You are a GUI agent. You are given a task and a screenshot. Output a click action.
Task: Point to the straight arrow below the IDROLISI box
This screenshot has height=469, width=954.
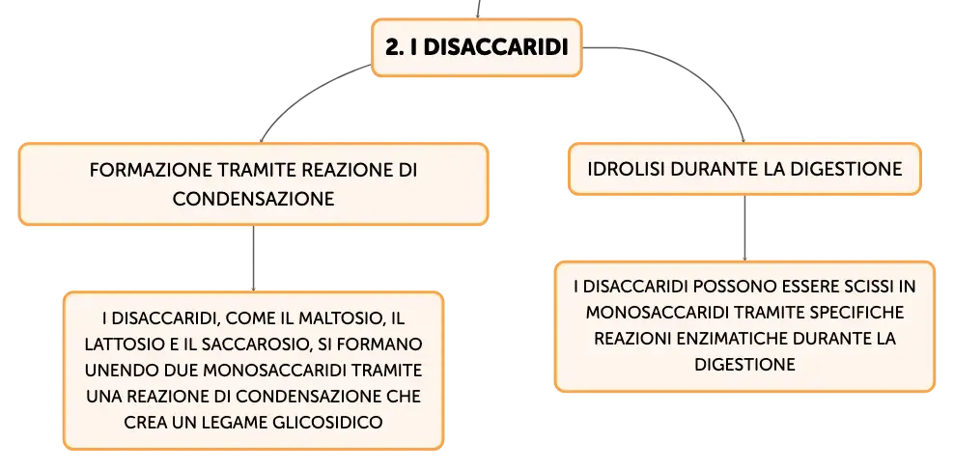click(x=744, y=228)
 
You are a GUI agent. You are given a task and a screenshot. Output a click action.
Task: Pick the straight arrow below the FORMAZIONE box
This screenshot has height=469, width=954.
click(x=253, y=259)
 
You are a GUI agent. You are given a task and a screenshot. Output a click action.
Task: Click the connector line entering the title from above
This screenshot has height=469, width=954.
click(x=478, y=9)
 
